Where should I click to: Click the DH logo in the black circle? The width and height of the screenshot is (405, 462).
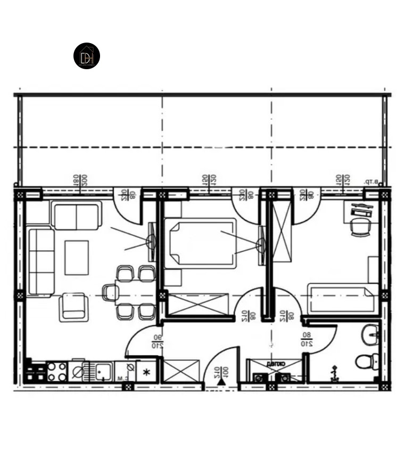click(87, 56)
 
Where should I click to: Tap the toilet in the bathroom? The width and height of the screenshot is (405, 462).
click(367, 361)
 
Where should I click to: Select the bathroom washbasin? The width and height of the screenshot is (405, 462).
click(369, 335)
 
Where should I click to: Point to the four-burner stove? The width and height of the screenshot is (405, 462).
click(56, 371)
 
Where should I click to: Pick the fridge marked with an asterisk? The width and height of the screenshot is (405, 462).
click(146, 372)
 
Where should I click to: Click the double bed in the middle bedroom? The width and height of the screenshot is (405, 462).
click(200, 243)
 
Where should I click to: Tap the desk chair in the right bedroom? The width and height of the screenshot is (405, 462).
click(360, 227)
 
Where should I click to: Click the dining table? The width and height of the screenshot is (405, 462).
click(135, 292)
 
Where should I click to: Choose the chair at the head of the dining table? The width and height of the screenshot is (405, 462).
click(110, 292)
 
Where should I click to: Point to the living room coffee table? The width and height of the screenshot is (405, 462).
click(77, 258)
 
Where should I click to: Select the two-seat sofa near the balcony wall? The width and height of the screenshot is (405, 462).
click(77, 216)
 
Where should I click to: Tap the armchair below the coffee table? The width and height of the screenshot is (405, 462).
click(73, 307)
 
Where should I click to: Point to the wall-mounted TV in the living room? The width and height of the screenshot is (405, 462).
click(151, 242)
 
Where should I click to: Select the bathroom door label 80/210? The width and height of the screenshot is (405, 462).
click(307, 340)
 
